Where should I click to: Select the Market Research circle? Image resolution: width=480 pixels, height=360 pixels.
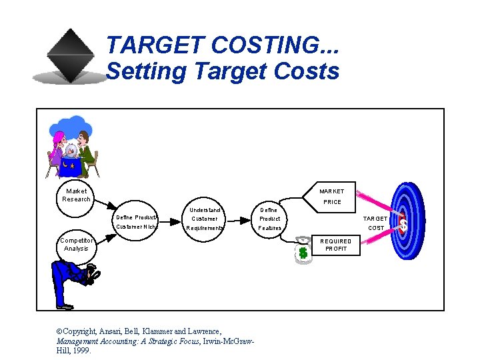(x=76, y=195)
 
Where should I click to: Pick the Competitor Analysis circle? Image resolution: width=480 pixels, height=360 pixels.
(x=76, y=245)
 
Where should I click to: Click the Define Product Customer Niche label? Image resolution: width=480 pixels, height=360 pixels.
(x=136, y=222)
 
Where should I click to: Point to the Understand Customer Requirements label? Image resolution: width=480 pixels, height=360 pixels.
(x=205, y=219)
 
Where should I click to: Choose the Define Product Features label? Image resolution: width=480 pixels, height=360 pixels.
(x=269, y=219)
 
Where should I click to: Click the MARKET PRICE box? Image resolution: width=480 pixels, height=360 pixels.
(x=331, y=197)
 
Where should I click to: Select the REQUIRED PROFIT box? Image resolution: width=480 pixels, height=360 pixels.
(x=335, y=245)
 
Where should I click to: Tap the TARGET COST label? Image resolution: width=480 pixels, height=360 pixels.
(x=375, y=223)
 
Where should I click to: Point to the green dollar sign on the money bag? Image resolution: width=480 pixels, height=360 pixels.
(x=303, y=253)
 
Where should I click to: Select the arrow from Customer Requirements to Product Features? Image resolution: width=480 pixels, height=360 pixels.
(x=237, y=218)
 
